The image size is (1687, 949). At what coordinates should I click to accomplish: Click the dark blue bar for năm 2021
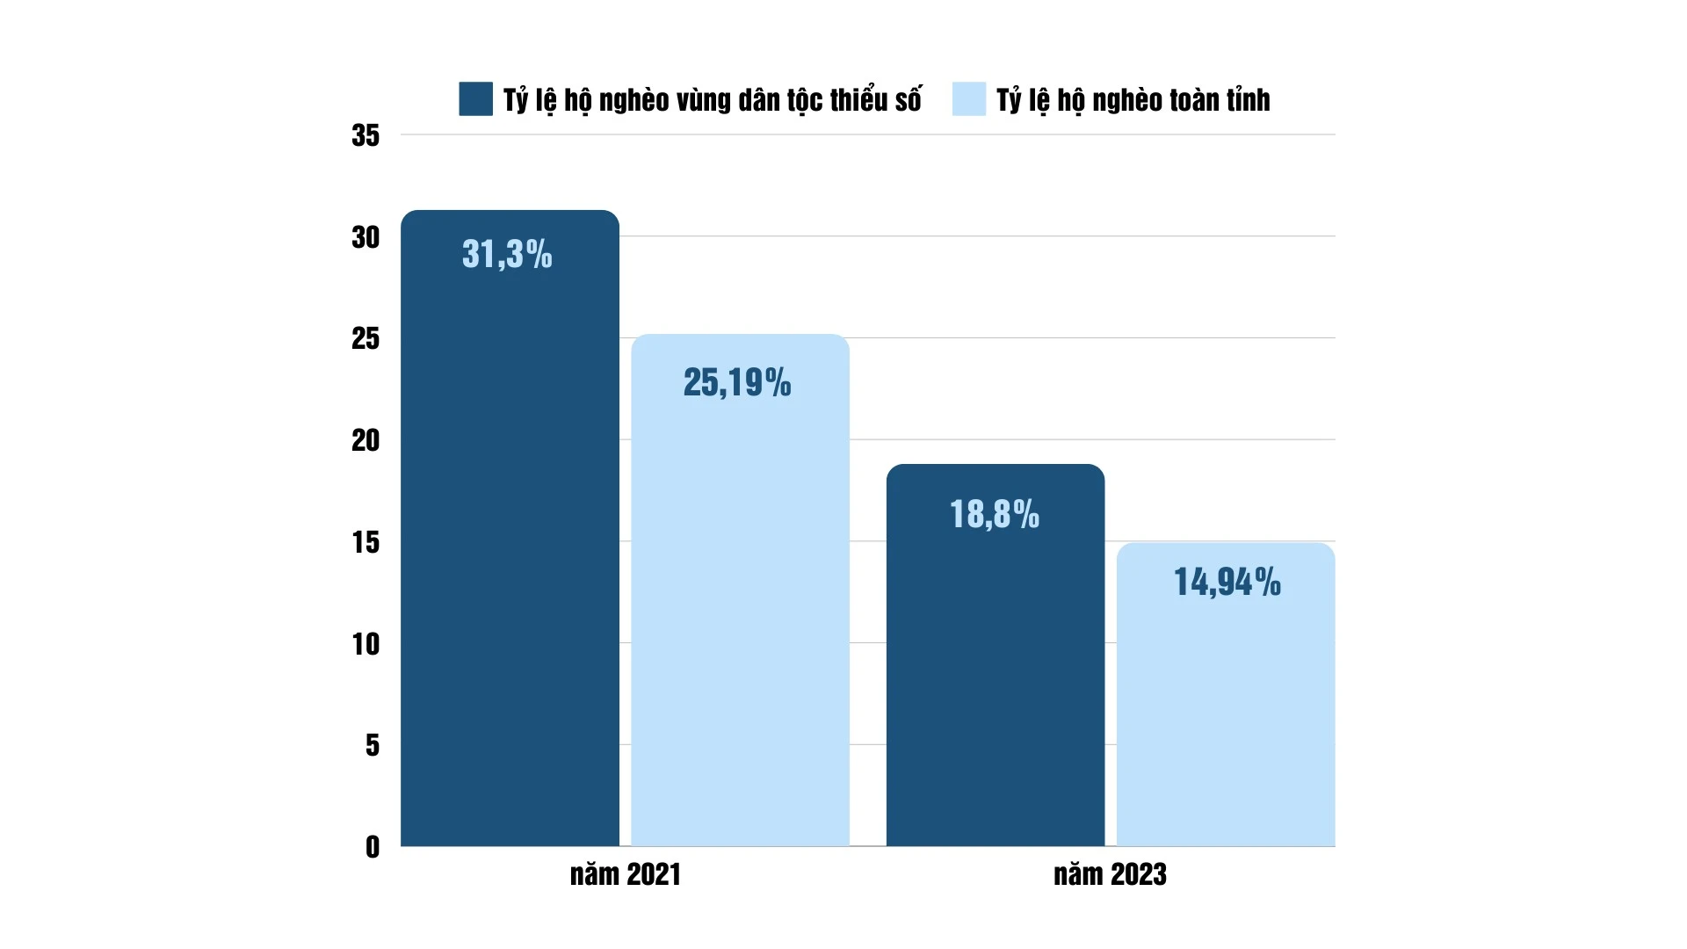pos(510,545)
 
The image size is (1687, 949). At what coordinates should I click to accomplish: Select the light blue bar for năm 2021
pos(740,615)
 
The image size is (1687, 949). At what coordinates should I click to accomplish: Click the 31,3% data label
pos(507,254)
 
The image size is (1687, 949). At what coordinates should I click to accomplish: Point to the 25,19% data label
pos(737,382)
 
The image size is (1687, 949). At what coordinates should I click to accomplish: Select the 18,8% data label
pos(995,514)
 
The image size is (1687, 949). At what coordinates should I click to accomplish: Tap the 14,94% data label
pos(1227,582)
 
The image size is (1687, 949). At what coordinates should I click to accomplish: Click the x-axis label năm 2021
pos(625,874)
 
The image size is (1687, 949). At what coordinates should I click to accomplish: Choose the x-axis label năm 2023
pos(1110,874)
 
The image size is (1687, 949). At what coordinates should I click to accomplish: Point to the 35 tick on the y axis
pos(366,135)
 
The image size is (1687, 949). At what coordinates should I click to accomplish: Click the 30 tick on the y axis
pos(366,237)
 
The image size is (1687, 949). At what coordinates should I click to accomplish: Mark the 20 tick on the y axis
pos(366,440)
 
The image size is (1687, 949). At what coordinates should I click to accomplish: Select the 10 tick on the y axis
pos(366,644)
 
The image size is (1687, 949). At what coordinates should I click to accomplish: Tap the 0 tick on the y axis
pos(373,847)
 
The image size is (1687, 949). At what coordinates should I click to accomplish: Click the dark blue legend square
pos(475,99)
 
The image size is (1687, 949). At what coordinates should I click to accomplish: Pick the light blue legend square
pos(968,99)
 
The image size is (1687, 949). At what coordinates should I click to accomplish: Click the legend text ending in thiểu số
pos(712,100)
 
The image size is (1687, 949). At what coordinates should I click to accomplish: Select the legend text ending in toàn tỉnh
pos(1133,100)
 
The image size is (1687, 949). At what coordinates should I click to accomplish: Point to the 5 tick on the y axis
pos(373,745)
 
